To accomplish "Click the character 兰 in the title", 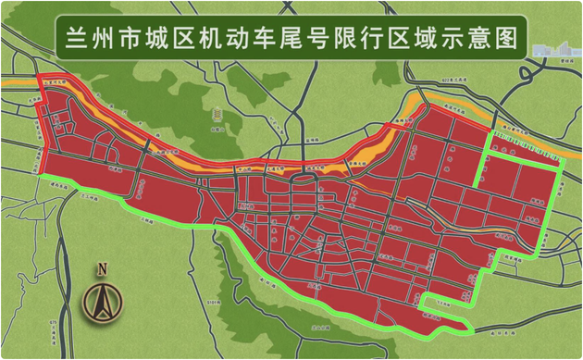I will coord(73,39).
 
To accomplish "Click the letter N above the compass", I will coord(102,270).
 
